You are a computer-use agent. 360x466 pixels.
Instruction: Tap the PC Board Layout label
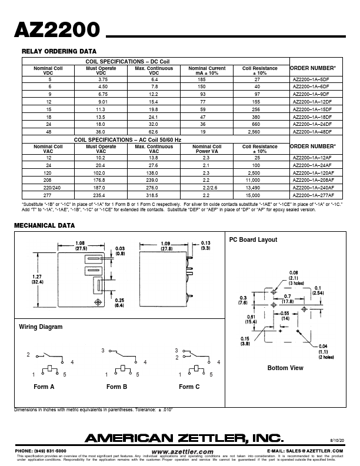(253, 239)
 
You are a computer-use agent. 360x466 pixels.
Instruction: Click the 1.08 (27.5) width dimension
(81, 246)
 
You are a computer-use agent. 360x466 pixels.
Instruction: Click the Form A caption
(44, 387)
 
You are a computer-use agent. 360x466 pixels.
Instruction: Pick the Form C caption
(189, 387)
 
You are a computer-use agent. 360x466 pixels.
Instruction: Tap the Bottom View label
(285, 368)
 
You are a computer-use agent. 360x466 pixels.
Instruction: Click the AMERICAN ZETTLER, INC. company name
(184, 437)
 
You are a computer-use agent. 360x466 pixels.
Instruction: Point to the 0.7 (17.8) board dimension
(287, 298)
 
